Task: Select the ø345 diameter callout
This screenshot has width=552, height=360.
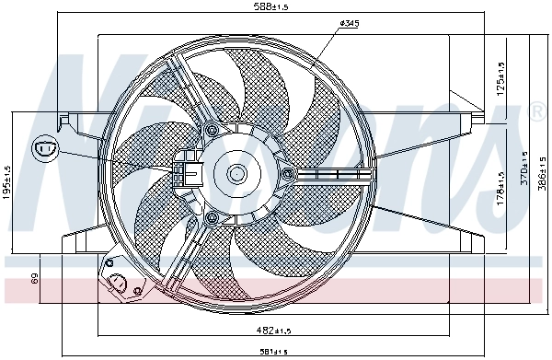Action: click(x=349, y=24)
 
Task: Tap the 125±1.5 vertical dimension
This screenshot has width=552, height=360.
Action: click(x=500, y=78)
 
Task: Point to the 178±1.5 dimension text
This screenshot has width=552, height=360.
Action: click(x=500, y=188)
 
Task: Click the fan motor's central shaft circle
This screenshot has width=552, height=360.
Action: click(x=236, y=172)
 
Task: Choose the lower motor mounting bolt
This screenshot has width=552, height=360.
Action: click(x=212, y=217)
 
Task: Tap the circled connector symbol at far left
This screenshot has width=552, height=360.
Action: click(x=44, y=146)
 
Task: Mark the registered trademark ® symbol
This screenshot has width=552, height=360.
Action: click(x=537, y=111)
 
